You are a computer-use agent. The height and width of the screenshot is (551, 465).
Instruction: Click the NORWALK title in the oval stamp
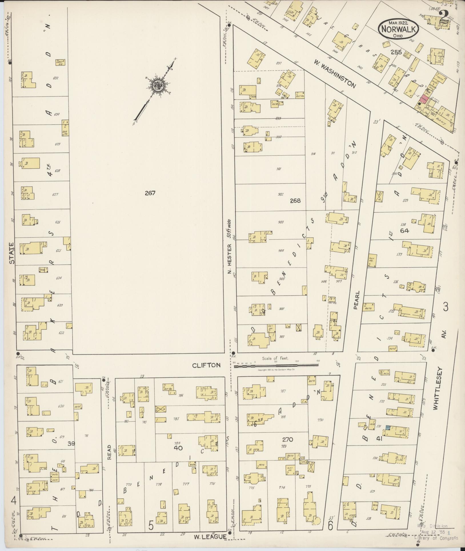[399, 29]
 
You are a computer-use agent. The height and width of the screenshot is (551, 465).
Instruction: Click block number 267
[150, 193]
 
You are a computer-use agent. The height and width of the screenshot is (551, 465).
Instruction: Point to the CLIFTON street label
[206, 365]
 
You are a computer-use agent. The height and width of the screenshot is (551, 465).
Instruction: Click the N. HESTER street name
[229, 259]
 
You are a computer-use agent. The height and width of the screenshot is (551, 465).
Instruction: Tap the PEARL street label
[356, 300]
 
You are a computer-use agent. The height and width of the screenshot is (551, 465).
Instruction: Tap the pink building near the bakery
[424, 99]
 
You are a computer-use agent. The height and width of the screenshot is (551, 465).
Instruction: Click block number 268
[295, 200]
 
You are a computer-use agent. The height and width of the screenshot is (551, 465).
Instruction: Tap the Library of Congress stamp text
[436, 538]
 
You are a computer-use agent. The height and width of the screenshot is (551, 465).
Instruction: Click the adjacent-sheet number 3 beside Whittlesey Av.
[445, 307]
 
